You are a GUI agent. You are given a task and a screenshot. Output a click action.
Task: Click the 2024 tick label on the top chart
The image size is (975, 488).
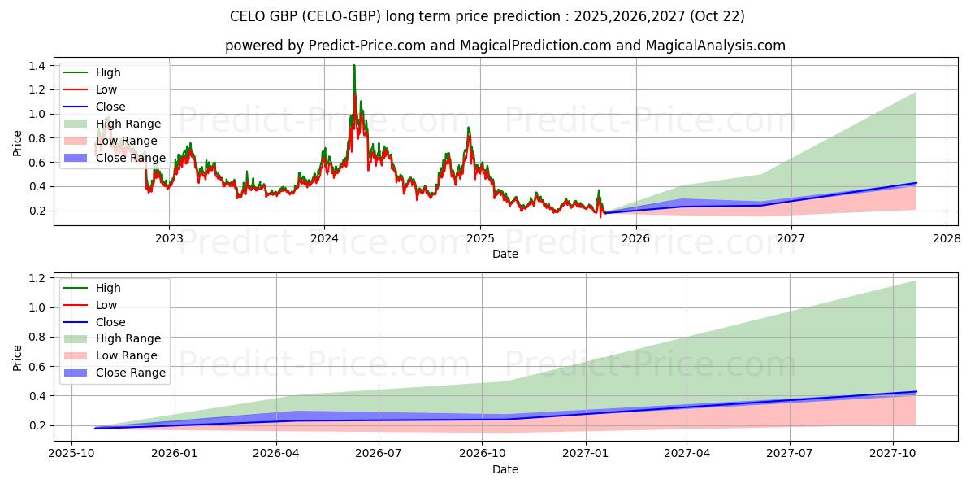tap(324, 239)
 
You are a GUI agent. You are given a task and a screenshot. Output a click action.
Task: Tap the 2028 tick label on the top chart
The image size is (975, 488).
tap(947, 239)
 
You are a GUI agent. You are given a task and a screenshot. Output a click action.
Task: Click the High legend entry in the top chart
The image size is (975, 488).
tap(106, 72)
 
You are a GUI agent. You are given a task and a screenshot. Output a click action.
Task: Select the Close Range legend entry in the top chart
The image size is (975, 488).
tap(130, 158)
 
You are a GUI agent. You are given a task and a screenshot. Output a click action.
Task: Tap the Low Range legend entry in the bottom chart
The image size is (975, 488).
tap(126, 355)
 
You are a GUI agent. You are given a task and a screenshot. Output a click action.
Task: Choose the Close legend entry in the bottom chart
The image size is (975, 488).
tap(110, 322)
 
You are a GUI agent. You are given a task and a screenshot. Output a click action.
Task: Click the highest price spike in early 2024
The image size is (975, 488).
tap(354, 65)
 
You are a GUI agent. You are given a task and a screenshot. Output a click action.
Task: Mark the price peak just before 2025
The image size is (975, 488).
tap(468, 128)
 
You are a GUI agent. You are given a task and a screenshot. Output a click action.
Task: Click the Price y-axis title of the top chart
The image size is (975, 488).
tap(18, 143)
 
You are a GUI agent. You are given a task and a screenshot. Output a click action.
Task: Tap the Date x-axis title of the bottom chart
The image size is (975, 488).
tap(505, 469)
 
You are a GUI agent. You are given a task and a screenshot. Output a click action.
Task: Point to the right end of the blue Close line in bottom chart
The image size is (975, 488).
tap(916, 392)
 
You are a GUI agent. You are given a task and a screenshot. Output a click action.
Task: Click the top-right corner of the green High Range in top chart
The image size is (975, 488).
tap(916, 92)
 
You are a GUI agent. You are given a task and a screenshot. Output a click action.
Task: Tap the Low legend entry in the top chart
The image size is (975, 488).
tap(106, 89)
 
